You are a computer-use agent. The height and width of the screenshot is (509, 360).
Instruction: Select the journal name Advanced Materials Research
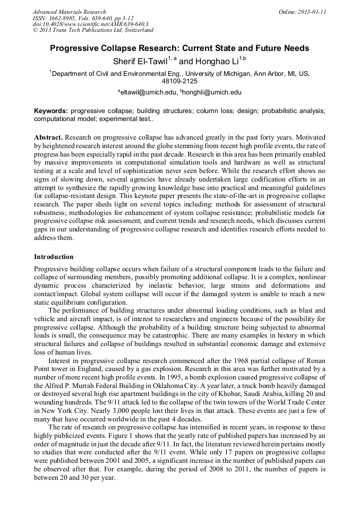[x=69, y=12]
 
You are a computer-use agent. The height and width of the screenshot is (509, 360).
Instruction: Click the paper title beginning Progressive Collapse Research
[x=179, y=48]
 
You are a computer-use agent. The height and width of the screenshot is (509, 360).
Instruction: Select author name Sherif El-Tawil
[x=140, y=61]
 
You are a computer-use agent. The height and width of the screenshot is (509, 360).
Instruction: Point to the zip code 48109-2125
[x=179, y=81]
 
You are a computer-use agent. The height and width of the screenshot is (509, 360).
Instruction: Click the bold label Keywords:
[x=51, y=111]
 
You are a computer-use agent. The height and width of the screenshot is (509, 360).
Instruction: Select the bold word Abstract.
[x=49, y=137]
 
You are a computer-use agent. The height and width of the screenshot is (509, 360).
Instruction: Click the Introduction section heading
[x=54, y=256]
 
